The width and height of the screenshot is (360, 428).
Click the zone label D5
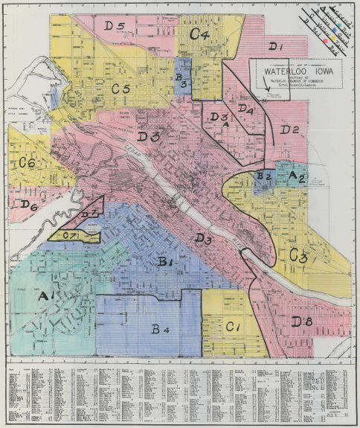[x=114, y=26]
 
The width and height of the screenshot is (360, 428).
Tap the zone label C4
[x=199, y=33]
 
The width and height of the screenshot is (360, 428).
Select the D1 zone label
[x=277, y=47]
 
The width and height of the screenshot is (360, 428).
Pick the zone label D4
[x=246, y=109]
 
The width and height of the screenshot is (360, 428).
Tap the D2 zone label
[x=289, y=131]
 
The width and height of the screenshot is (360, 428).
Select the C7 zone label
[x=70, y=236]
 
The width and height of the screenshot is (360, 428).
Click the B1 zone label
[x=165, y=261]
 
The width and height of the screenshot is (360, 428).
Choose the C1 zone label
[x=232, y=326]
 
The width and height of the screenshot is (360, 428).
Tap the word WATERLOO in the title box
[x=285, y=73]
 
